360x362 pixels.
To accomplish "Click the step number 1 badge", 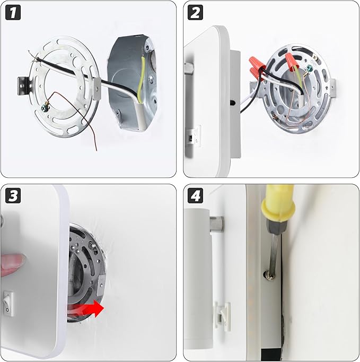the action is click(x=13, y=12).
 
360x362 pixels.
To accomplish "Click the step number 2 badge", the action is click(x=195, y=12).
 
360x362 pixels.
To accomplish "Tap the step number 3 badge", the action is click(x=13, y=195).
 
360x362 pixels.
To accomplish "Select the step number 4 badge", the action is click(x=195, y=195).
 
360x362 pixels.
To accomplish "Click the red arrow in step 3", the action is click(x=86, y=309).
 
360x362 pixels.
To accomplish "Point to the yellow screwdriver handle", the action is click(x=279, y=203).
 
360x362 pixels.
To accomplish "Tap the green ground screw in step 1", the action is click(x=45, y=107).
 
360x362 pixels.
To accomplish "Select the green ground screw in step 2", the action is click(x=309, y=68).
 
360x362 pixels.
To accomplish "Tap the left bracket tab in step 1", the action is click(x=24, y=86).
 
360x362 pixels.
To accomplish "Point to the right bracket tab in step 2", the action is click(x=332, y=88).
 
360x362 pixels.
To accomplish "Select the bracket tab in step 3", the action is click(x=101, y=286).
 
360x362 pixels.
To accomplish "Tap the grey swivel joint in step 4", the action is click(x=217, y=225).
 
